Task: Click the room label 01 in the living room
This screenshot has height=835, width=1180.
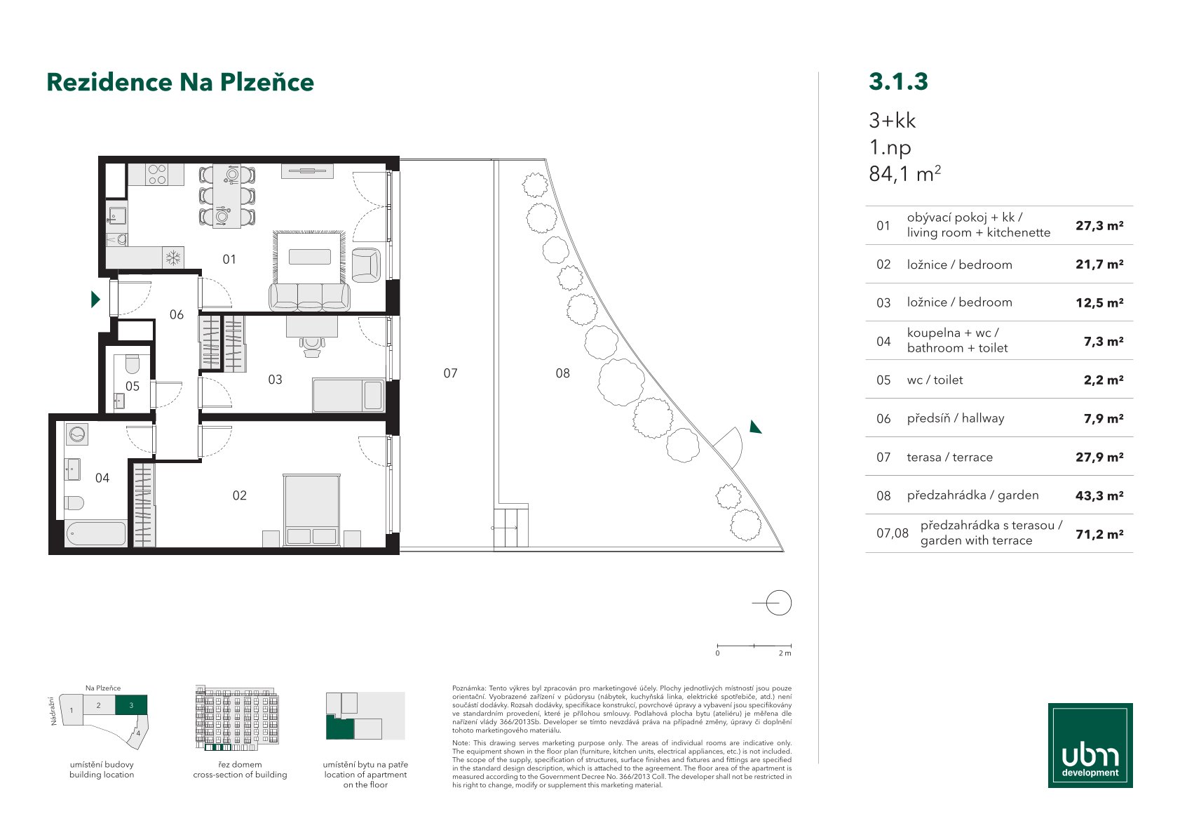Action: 229,260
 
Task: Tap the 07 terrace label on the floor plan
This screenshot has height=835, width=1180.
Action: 450,373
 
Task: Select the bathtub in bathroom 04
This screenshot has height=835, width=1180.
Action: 96,533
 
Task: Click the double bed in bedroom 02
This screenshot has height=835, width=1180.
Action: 311,509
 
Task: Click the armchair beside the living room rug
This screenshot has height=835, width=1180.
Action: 365,264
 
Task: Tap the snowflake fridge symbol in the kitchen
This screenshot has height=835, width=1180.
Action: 172,258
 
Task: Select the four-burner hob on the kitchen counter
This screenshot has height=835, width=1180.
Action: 157,175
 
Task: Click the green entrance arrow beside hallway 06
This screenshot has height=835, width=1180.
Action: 95,300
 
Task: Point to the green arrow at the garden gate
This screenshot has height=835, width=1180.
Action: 755,427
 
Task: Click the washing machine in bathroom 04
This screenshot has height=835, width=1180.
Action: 77,435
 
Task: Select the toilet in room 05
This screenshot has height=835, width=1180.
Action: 132,363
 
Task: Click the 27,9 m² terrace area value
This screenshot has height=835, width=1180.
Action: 1099,457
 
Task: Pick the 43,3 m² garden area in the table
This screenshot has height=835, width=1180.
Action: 1099,495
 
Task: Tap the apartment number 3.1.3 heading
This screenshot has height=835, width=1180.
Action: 898,81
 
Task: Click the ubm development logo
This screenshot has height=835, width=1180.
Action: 1090,745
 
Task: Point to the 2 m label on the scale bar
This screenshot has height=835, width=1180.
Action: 785,653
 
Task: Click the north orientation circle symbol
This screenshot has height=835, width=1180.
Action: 778,603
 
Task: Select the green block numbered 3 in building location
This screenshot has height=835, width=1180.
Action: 131,704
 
